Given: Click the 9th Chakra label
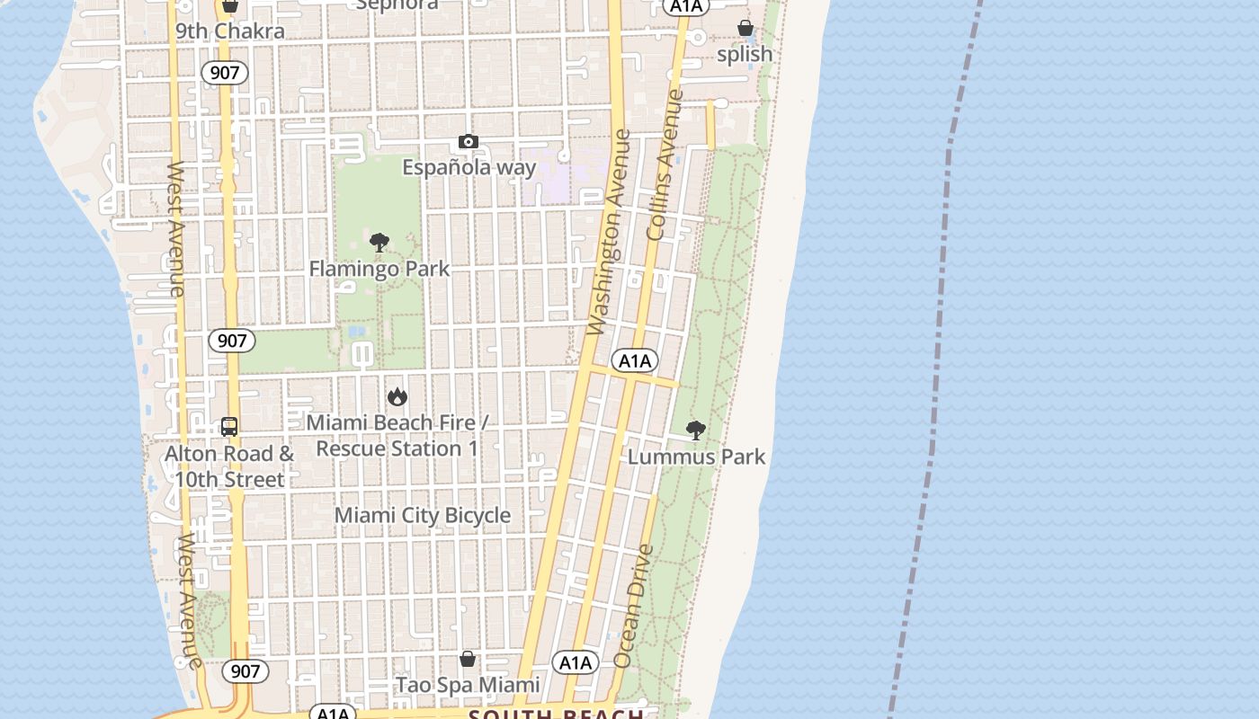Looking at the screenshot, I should pos(229,31).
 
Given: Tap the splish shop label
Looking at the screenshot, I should pos(745,54).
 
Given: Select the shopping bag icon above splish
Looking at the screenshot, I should pos(745,29).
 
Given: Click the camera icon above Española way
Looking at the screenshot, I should pos(468,142).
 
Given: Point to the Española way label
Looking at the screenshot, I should pos(469,167).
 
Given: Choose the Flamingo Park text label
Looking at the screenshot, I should pos(379,268).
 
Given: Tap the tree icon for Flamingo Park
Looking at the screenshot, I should pos(379,243).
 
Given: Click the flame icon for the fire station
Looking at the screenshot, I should pos(397,396).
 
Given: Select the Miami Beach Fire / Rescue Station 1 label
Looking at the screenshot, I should pos(397,435).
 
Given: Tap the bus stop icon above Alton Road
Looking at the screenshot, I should pos(229,427).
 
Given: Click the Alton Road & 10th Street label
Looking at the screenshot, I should pos(229,466).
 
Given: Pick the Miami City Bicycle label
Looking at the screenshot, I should pos(423,515).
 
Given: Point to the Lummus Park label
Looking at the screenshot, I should pos(696,457).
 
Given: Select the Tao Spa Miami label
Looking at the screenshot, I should pos(468,685).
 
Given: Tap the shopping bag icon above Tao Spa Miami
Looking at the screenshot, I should pos(468,660).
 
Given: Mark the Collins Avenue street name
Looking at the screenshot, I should pos(665,164).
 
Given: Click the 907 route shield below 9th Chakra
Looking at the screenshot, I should pos(224,73).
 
